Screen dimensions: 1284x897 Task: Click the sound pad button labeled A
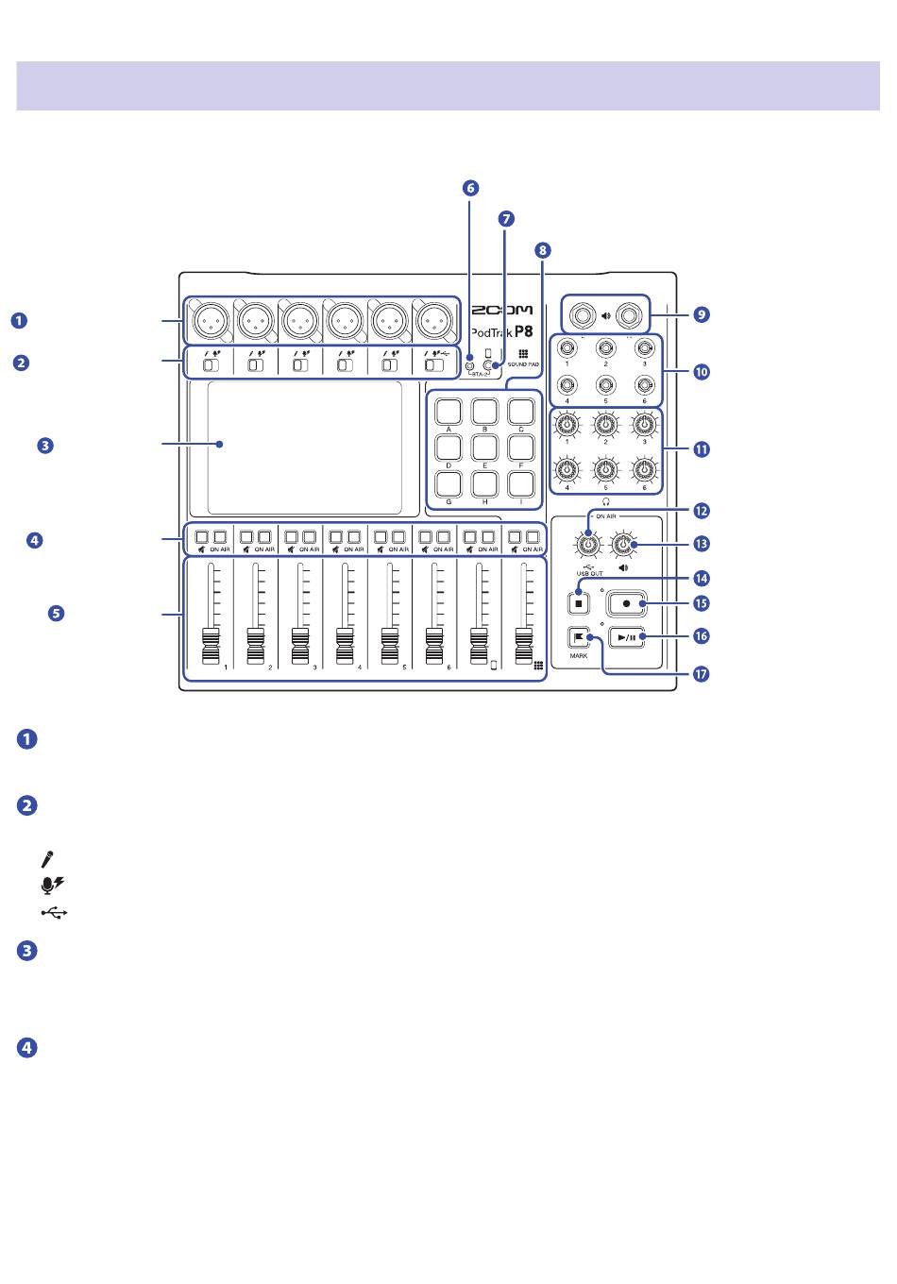tap(448, 411)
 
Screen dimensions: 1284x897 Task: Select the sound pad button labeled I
tap(521, 482)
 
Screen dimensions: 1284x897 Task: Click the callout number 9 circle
tap(701, 314)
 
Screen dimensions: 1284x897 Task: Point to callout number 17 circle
tap(701, 675)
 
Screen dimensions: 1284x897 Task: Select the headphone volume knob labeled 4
tap(567, 469)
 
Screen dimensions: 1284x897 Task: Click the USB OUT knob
tap(589, 545)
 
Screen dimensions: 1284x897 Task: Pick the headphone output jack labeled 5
tap(605, 384)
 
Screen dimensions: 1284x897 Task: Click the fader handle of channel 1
tap(210, 647)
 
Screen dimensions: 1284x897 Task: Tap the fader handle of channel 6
tap(433, 647)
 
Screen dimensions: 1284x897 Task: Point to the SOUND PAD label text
tap(523, 363)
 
